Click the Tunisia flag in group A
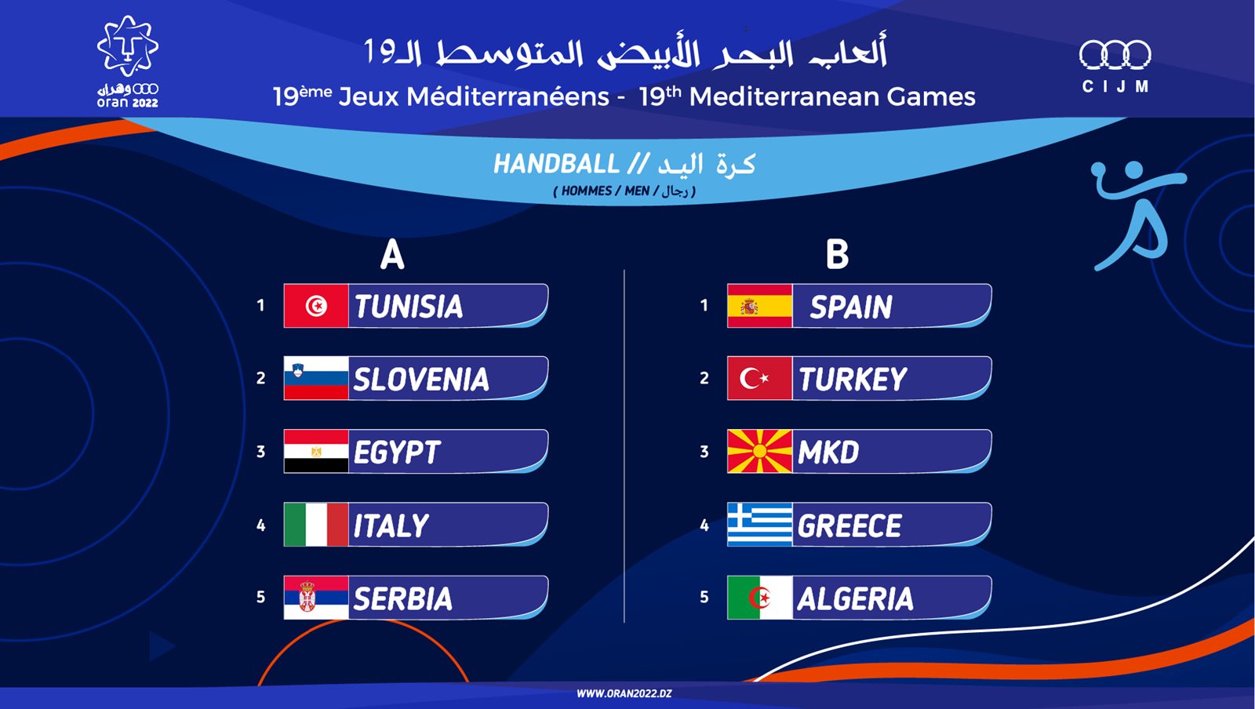pos(316,306)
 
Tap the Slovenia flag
pos(316,378)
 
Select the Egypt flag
pos(316,452)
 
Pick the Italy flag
pos(316,524)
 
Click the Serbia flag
pos(316,598)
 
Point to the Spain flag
pos(760,306)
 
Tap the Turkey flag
pos(760,378)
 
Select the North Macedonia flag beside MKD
pos(760,452)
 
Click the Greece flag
pos(760,524)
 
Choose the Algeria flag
pos(760,598)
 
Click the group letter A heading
pos(392,255)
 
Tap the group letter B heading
pos(837,255)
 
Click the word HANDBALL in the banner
pos(556,165)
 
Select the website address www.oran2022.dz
pos(624,694)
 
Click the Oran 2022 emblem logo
pos(128,62)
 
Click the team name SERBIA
pos(403,598)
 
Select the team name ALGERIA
pos(856,598)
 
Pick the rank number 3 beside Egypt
pos(260,452)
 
